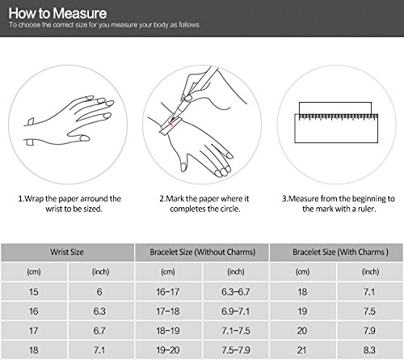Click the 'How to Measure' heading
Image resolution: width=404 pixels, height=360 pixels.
pos(57,13)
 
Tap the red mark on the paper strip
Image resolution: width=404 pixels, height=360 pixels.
pos(170,124)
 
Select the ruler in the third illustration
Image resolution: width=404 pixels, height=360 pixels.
pos(336,129)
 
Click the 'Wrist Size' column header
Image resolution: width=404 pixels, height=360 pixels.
pos(67,252)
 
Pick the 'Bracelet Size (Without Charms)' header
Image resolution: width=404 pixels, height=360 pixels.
pos(203,252)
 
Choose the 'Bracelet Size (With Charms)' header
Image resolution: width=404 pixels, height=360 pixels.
pos(340,252)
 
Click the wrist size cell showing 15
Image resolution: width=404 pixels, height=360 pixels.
pos(34,292)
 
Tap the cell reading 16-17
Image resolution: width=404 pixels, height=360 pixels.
pos(168,292)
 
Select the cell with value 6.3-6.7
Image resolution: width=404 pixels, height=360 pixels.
pos(236,292)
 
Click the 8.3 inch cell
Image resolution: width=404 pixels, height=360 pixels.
pos(369,350)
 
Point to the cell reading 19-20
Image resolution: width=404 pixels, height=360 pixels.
pos(168,350)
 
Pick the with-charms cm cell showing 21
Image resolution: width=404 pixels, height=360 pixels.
pos(302,350)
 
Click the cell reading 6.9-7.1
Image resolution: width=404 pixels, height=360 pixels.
pos(236,311)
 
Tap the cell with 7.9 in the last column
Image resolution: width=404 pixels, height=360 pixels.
pos(369,331)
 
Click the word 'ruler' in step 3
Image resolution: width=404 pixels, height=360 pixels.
pos(366,209)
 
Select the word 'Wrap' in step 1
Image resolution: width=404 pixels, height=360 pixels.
pos(34,199)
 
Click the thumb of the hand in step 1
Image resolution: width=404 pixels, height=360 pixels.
pos(78,136)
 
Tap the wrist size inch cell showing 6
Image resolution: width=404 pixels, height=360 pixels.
pos(99,292)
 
